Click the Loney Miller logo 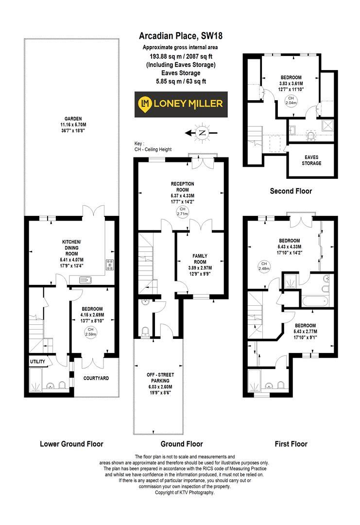point(181,104)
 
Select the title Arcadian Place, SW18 point(181,35)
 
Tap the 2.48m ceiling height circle point(264,266)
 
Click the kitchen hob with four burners point(109,265)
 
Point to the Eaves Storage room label point(312,160)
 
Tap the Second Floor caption point(291,191)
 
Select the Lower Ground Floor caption point(71,444)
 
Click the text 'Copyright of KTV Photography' point(181,492)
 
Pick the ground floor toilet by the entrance point(144,332)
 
